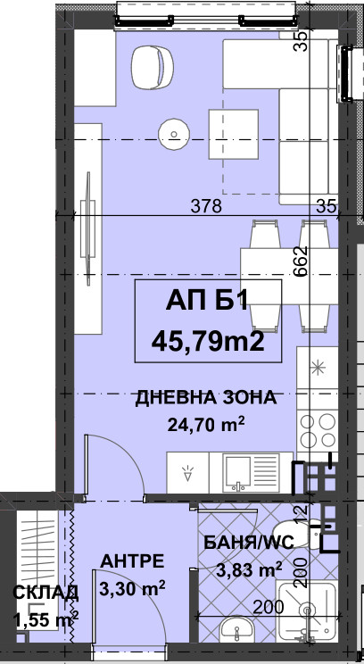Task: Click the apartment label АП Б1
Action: click(x=206, y=302)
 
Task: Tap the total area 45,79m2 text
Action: click(x=208, y=342)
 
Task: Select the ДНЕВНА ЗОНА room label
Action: click(x=206, y=398)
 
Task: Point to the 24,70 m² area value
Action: click(x=206, y=423)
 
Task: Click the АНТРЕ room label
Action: click(x=132, y=561)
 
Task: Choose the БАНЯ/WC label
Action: click(x=249, y=543)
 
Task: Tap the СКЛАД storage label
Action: click(x=45, y=593)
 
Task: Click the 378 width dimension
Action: click(x=206, y=206)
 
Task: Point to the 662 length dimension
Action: click(x=301, y=261)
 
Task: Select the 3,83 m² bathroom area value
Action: click(x=249, y=569)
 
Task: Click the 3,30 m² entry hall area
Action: click(x=132, y=588)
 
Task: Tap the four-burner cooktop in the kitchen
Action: click(x=318, y=430)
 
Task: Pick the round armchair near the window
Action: click(x=153, y=67)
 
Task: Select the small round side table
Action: click(x=174, y=134)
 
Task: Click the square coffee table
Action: click(x=233, y=134)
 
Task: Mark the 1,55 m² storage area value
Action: click(x=45, y=619)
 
